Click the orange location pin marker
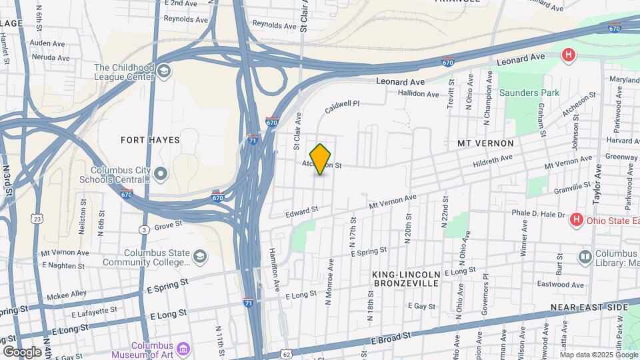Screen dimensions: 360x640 pos(321,159)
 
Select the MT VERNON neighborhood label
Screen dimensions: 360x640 pos(485,143)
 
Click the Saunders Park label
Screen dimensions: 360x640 pos(529,93)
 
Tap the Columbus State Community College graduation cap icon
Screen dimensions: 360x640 pos(199,256)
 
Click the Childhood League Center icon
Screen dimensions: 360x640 pos(164,69)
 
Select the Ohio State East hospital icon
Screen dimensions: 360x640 pos(577,219)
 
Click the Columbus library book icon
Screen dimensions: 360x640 pos(585,257)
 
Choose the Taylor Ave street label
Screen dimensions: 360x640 pos(597,185)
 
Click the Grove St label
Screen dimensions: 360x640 pos(168,227)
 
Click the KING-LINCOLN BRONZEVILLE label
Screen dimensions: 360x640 pos(405,279)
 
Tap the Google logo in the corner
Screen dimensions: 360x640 pos(21,351)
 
